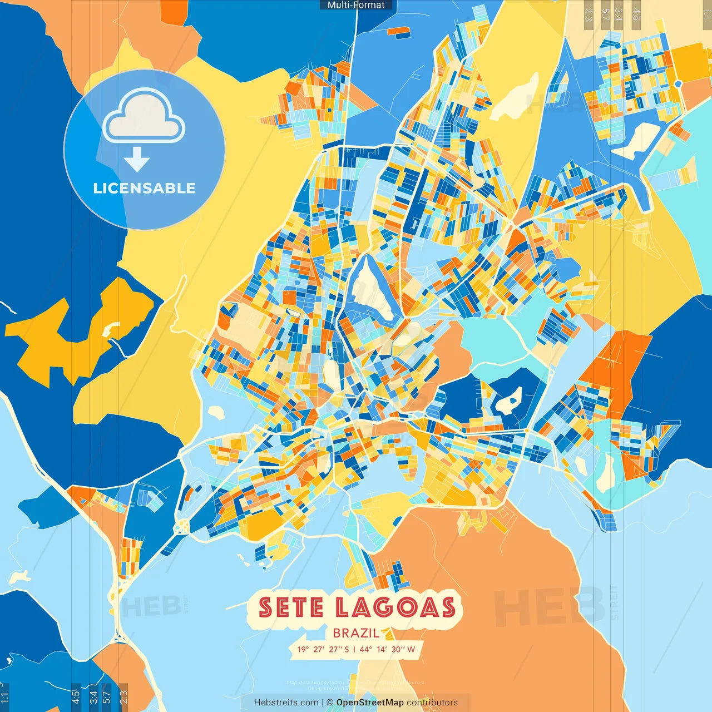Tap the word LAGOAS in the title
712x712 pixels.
click(x=395, y=607)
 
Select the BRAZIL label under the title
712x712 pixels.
click(x=356, y=633)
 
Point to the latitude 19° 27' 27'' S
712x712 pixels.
click(x=323, y=649)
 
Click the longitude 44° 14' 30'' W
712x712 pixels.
click(x=387, y=649)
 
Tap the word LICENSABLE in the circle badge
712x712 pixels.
click(x=144, y=188)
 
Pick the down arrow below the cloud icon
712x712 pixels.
click(x=137, y=160)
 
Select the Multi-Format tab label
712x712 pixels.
click(x=356, y=5)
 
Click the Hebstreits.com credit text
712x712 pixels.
click(x=286, y=703)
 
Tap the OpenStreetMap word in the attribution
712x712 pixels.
click(x=370, y=703)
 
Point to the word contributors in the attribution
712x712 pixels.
click(x=432, y=703)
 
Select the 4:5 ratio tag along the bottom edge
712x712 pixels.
click(x=76, y=697)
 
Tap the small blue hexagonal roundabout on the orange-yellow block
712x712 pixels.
click(x=678, y=84)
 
